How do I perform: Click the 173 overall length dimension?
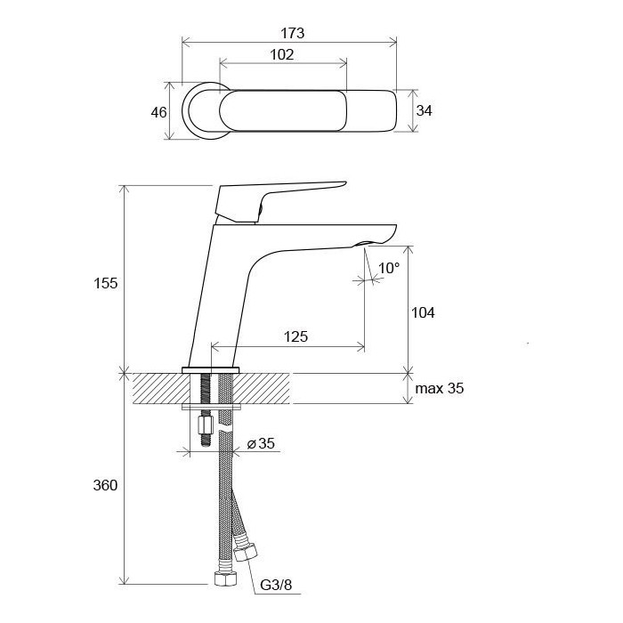tap(293, 33)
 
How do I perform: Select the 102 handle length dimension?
tap(282, 54)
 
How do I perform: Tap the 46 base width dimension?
tap(158, 112)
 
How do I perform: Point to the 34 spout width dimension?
tap(424, 110)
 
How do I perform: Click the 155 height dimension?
tap(105, 283)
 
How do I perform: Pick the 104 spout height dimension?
tap(423, 312)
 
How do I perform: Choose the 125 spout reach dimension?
tap(295, 336)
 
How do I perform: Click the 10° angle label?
tap(389, 268)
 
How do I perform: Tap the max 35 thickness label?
tap(439, 388)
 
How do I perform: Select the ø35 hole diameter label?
tap(261, 443)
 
